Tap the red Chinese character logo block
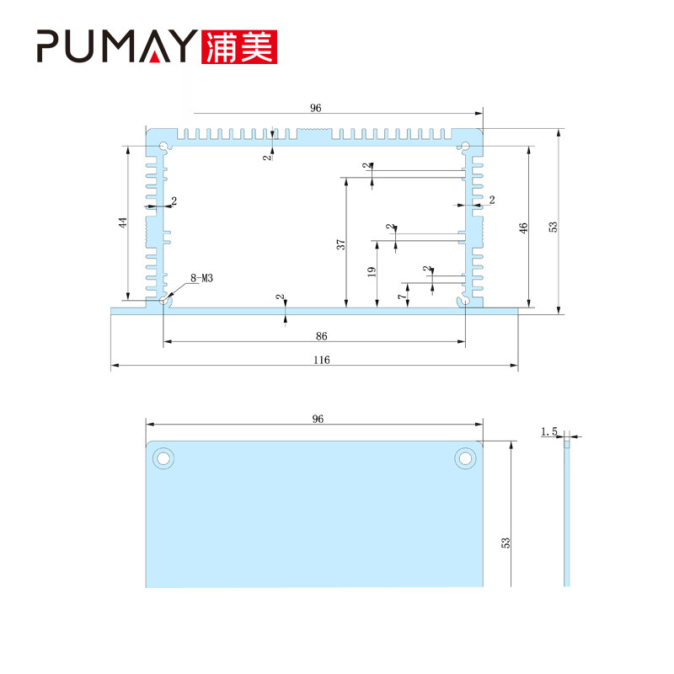pyautogui.click(x=239, y=47)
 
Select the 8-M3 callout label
pyautogui.click(x=201, y=278)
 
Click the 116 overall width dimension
pyautogui.click(x=322, y=360)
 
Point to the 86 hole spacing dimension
pyautogui.click(x=322, y=336)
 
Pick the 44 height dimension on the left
pyautogui.click(x=123, y=222)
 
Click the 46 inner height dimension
pyautogui.click(x=523, y=227)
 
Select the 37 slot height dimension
pyautogui.click(x=341, y=244)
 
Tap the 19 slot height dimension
pyautogui.click(x=372, y=271)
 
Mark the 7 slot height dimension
pyautogui.click(x=402, y=297)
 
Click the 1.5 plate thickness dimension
pyautogui.click(x=549, y=431)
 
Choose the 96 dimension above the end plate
pyautogui.click(x=318, y=419)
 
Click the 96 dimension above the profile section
pyautogui.click(x=315, y=108)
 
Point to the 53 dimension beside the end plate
pyautogui.click(x=505, y=543)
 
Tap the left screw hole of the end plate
pyautogui.click(x=163, y=458)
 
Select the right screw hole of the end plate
pyautogui.click(x=465, y=458)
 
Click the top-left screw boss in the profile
pyautogui.click(x=163, y=147)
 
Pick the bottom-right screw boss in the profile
pyautogui.click(x=465, y=302)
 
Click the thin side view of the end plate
pyautogui.click(x=566, y=513)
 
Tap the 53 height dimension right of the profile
pyautogui.click(x=554, y=227)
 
